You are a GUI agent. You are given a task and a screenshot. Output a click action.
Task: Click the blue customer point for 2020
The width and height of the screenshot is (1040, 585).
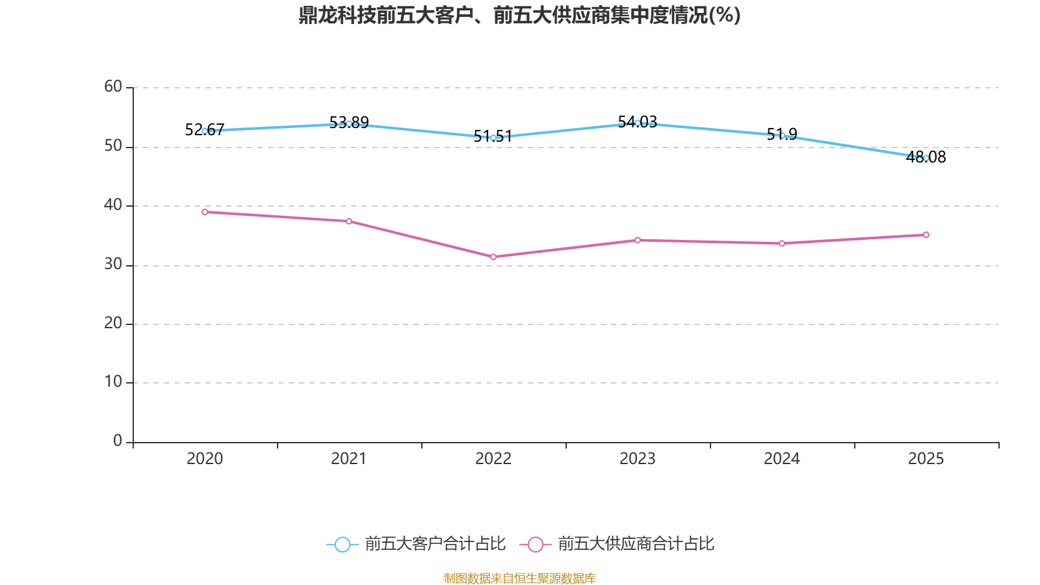pyautogui.click(x=205, y=131)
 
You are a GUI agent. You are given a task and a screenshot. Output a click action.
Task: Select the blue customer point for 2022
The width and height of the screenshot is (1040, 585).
pyautogui.click(x=493, y=138)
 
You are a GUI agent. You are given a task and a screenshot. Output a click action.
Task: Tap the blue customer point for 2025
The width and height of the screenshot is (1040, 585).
pyautogui.click(x=926, y=158)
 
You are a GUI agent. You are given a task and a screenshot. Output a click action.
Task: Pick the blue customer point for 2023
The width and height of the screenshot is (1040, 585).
pyautogui.click(x=638, y=123)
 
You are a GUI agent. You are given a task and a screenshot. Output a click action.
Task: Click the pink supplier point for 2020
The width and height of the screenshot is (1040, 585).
pyautogui.click(x=205, y=212)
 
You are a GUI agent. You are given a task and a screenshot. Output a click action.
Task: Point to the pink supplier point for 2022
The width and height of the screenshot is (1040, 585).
pyautogui.click(x=493, y=257)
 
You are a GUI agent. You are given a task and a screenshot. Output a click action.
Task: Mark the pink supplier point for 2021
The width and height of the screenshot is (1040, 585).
pyautogui.click(x=349, y=221)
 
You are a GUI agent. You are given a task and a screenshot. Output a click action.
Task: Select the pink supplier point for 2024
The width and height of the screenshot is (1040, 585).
pyautogui.click(x=782, y=243)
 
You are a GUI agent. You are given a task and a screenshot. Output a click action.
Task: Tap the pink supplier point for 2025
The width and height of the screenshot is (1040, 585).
pyautogui.click(x=926, y=235)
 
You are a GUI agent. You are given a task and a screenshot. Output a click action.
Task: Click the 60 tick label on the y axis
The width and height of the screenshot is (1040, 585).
pyautogui.click(x=113, y=86)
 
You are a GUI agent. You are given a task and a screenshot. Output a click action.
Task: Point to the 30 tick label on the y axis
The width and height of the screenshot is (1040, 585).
pyautogui.click(x=113, y=264)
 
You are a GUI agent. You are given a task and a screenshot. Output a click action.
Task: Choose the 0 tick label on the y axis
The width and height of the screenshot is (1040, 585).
pyautogui.click(x=118, y=441)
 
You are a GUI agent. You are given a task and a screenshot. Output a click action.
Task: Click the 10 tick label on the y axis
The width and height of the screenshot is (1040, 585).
pyautogui.click(x=113, y=382)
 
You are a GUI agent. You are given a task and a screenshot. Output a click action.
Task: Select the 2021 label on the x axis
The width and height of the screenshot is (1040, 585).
pyautogui.click(x=349, y=459)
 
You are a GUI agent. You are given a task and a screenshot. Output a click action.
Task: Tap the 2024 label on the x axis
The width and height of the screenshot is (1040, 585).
pyautogui.click(x=782, y=459)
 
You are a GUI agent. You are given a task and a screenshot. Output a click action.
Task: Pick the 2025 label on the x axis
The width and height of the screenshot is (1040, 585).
pyautogui.click(x=926, y=459)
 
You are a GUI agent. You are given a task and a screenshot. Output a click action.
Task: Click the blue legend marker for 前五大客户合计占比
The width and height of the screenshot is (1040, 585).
pyautogui.click(x=342, y=544)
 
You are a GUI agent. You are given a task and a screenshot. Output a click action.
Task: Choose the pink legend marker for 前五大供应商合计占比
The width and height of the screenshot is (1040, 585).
pyautogui.click(x=535, y=544)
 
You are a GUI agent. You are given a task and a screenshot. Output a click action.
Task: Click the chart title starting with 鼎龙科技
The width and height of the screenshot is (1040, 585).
pyautogui.click(x=519, y=15)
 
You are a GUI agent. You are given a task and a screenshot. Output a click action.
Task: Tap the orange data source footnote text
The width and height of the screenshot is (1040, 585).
pyautogui.click(x=519, y=578)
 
